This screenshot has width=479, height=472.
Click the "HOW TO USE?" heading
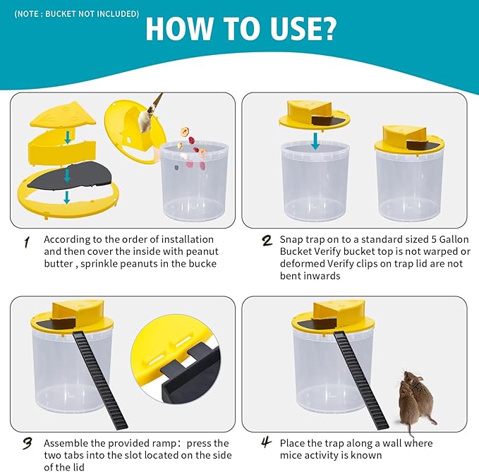241,29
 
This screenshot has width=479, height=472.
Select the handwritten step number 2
267,241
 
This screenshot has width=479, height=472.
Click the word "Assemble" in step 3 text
67,443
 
